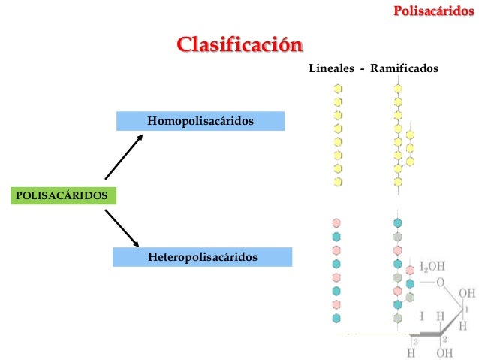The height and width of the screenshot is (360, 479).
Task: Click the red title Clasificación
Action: (x=239, y=44)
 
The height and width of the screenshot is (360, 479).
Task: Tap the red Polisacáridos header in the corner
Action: (x=434, y=11)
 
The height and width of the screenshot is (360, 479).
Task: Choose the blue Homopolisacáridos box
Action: (x=200, y=120)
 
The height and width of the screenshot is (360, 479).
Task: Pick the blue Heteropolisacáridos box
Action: (x=202, y=257)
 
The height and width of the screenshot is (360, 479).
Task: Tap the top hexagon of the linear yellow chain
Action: (x=338, y=87)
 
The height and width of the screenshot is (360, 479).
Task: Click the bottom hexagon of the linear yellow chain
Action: (x=338, y=181)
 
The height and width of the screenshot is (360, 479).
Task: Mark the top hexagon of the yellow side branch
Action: (x=410, y=135)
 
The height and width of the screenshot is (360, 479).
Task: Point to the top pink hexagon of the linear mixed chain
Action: (x=337, y=223)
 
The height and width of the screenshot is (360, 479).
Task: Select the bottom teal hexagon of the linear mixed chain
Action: (x=337, y=290)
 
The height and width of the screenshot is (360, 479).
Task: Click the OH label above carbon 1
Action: (x=466, y=293)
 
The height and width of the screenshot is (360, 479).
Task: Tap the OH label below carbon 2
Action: (x=444, y=352)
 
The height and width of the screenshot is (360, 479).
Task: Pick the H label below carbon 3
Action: (x=411, y=352)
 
